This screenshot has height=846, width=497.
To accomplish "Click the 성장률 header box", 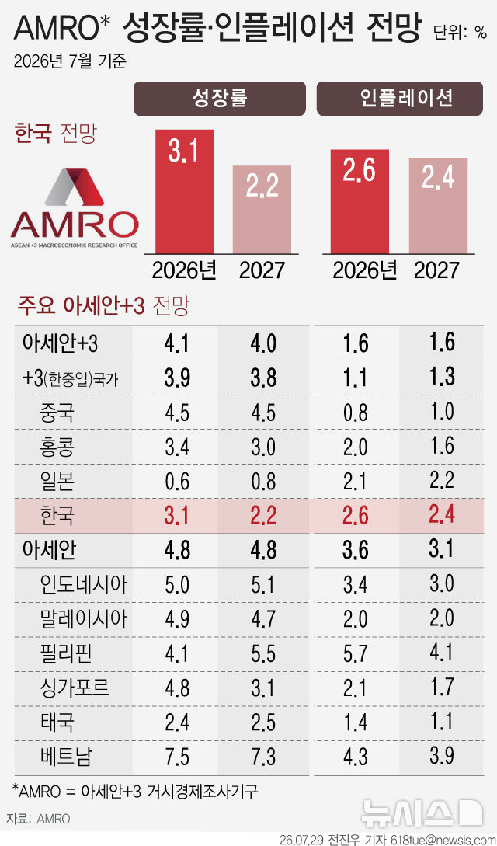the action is click(x=220, y=98).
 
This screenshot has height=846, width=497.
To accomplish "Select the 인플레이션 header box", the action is click(x=399, y=98).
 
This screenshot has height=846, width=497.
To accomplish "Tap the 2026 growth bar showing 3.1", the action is click(x=184, y=192).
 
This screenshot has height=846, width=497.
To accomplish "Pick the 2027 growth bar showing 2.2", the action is click(x=262, y=209).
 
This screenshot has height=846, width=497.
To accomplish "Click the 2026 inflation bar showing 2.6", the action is click(x=360, y=201).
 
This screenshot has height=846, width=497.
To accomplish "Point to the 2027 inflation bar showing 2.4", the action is click(x=438, y=206).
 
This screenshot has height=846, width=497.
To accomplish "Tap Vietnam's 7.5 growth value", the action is click(x=177, y=757).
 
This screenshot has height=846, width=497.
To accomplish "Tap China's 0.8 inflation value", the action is click(x=356, y=412).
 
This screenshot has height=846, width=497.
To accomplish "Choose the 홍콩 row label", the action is click(x=57, y=446).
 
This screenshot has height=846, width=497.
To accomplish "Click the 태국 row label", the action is click(x=57, y=722).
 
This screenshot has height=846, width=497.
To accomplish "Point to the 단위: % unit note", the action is click(x=460, y=33).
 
